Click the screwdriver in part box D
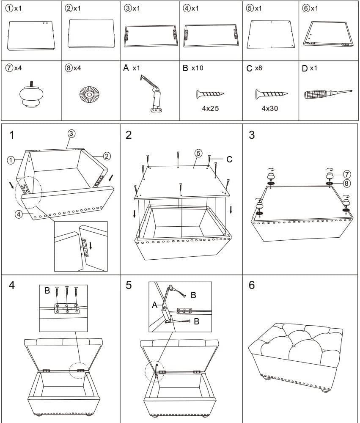pyautogui.click(x=328, y=94)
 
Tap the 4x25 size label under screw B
pyautogui.click(x=210, y=108)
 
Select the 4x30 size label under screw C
pyautogui.click(x=269, y=108)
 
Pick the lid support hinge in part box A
pyautogui.click(x=152, y=93)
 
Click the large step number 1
pyautogui.click(x=11, y=135)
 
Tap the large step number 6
pyautogui.click(x=252, y=285)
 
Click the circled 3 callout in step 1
pyautogui.click(x=71, y=134)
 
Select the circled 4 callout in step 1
pyautogui.click(x=19, y=214)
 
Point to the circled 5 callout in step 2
pyautogui.click(x=198, y=153)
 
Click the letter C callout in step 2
pyautogui.click(x=229, y=159)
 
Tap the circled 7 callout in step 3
pyautogui.click(x=347, y=174)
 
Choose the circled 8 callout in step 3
pyautogui.click(x=347, y=184)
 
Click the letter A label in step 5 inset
pyautogui.click(x=155, y=305)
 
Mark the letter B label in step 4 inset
pyautogui.click(x=47, y=291)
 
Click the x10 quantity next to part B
pyautogui.click(x=197, y=68)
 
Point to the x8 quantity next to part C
pyautogui.click(x=258, y=68)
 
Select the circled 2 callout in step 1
pyautogui.click(x=107, y=156)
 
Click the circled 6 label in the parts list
pyautogui.click(x=306, y=8)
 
